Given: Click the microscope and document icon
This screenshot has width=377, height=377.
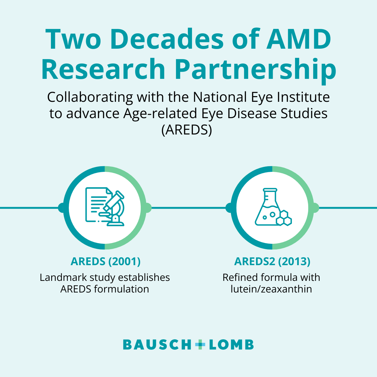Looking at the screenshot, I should point(105,207).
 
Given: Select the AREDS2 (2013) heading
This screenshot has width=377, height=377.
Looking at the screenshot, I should point(272,261).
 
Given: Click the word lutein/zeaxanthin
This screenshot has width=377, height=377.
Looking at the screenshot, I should point(271,289).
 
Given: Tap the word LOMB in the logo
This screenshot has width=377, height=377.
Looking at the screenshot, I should point(231,345).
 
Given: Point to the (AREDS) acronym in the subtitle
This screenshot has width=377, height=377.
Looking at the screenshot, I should point(187,130).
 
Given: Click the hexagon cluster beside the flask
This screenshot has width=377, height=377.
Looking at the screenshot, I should point(284,218).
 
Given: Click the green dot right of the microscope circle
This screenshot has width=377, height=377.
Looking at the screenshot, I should point(148,208).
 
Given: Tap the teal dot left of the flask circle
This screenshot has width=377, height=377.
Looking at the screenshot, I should point(230,208).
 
